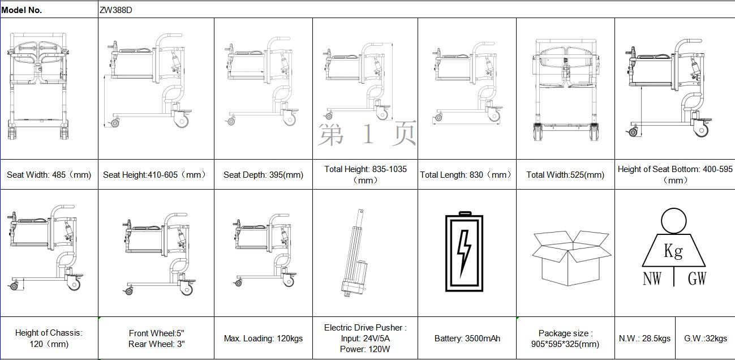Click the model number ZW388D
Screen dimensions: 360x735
pyautogui.click(x=117, y=10)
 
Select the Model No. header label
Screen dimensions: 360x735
pyautogui.click(x=22, y=10)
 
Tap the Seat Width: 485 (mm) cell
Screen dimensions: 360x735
pyautogui.click(x=49, y=175)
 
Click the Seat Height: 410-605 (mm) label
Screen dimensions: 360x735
pyautogui.click(x=155, y=175)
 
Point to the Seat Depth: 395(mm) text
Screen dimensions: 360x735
pyautogui.click(x=263, y=175)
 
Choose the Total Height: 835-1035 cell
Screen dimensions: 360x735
pyautogui.click(x=365, y=174)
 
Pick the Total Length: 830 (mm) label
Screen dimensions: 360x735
pyautogui.click(x=466, y=175)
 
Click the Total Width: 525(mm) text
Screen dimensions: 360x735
pyautogui.click(x=565, y=175)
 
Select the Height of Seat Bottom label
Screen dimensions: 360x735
pyautogui.click(x=675, y=174)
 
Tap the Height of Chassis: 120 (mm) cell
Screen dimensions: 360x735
pyautogui.click(x=49, y=338)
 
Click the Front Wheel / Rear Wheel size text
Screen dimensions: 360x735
pyautogui.click(x=156, y=338)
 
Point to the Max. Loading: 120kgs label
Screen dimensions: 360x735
pyautogui.click(x=263, y=338)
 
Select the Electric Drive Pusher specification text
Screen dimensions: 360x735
pyautogui.click(x=365, y=338)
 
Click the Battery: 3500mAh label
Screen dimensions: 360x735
pyautogui.click(x=467, y=338)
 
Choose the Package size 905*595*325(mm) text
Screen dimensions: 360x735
pyautogui.click(x=565, y=338)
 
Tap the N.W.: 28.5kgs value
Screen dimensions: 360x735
pyautogui.click(x=644, y=338)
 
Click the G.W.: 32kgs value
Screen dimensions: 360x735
pyautogui.click(x=705, y=338)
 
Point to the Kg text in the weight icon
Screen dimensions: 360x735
pyautogui.click(x=673, y=251)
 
